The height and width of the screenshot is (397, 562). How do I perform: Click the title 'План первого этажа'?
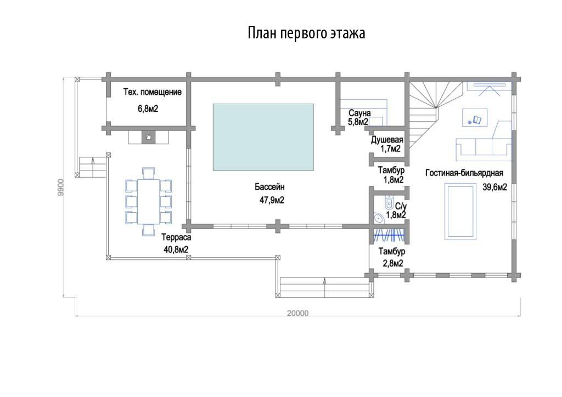pyautogui.click(x=306, y=33)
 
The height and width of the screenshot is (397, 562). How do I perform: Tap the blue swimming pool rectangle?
pyautogui.click(x=263, y=137)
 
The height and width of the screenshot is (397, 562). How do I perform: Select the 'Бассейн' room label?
pyautogui.click(x=269, y=187)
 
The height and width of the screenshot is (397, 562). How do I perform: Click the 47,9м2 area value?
pyautogui.click(x=272, y=200)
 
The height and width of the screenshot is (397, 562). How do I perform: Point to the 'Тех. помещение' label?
pyautogui.click(x=153, y=92)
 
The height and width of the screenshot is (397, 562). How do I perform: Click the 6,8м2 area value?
pyautogui.click(x=148, y=109)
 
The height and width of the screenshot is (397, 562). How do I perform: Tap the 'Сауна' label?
pyautogui.click(x=359, y=113)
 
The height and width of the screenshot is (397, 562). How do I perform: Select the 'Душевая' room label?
pyautogui.click(x=387, y=140)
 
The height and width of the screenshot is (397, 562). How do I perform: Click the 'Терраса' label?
pyautogui.click(x=176, y=237)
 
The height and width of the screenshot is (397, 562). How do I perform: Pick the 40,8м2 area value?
pyautogui.click(x=176, y=249)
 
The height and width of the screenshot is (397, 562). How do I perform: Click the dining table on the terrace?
pyautogui.click(x=148, y=202)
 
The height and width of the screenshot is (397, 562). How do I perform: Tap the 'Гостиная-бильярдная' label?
pyautogui.click(x=464, y=173)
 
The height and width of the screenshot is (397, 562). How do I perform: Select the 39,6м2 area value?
pyautogui.click(x=494, y=187)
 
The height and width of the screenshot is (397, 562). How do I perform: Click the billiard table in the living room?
pyautogui.click(x=460, y=211)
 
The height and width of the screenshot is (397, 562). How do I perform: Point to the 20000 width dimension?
pyautogui.click(x=297, y=313)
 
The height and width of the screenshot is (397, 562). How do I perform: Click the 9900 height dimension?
pyautogui.click(x=60, y=187)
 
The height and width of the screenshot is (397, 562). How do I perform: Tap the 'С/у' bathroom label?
pyautogui.click(x=401, y=206)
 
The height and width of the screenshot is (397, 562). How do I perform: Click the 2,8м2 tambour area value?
pyautogui.click(x=393, y=263)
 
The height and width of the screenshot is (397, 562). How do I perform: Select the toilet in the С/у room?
pyautogui.click(x=389, y=203)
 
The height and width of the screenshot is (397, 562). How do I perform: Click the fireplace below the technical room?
pyautogui.click(x=148, y=137)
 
